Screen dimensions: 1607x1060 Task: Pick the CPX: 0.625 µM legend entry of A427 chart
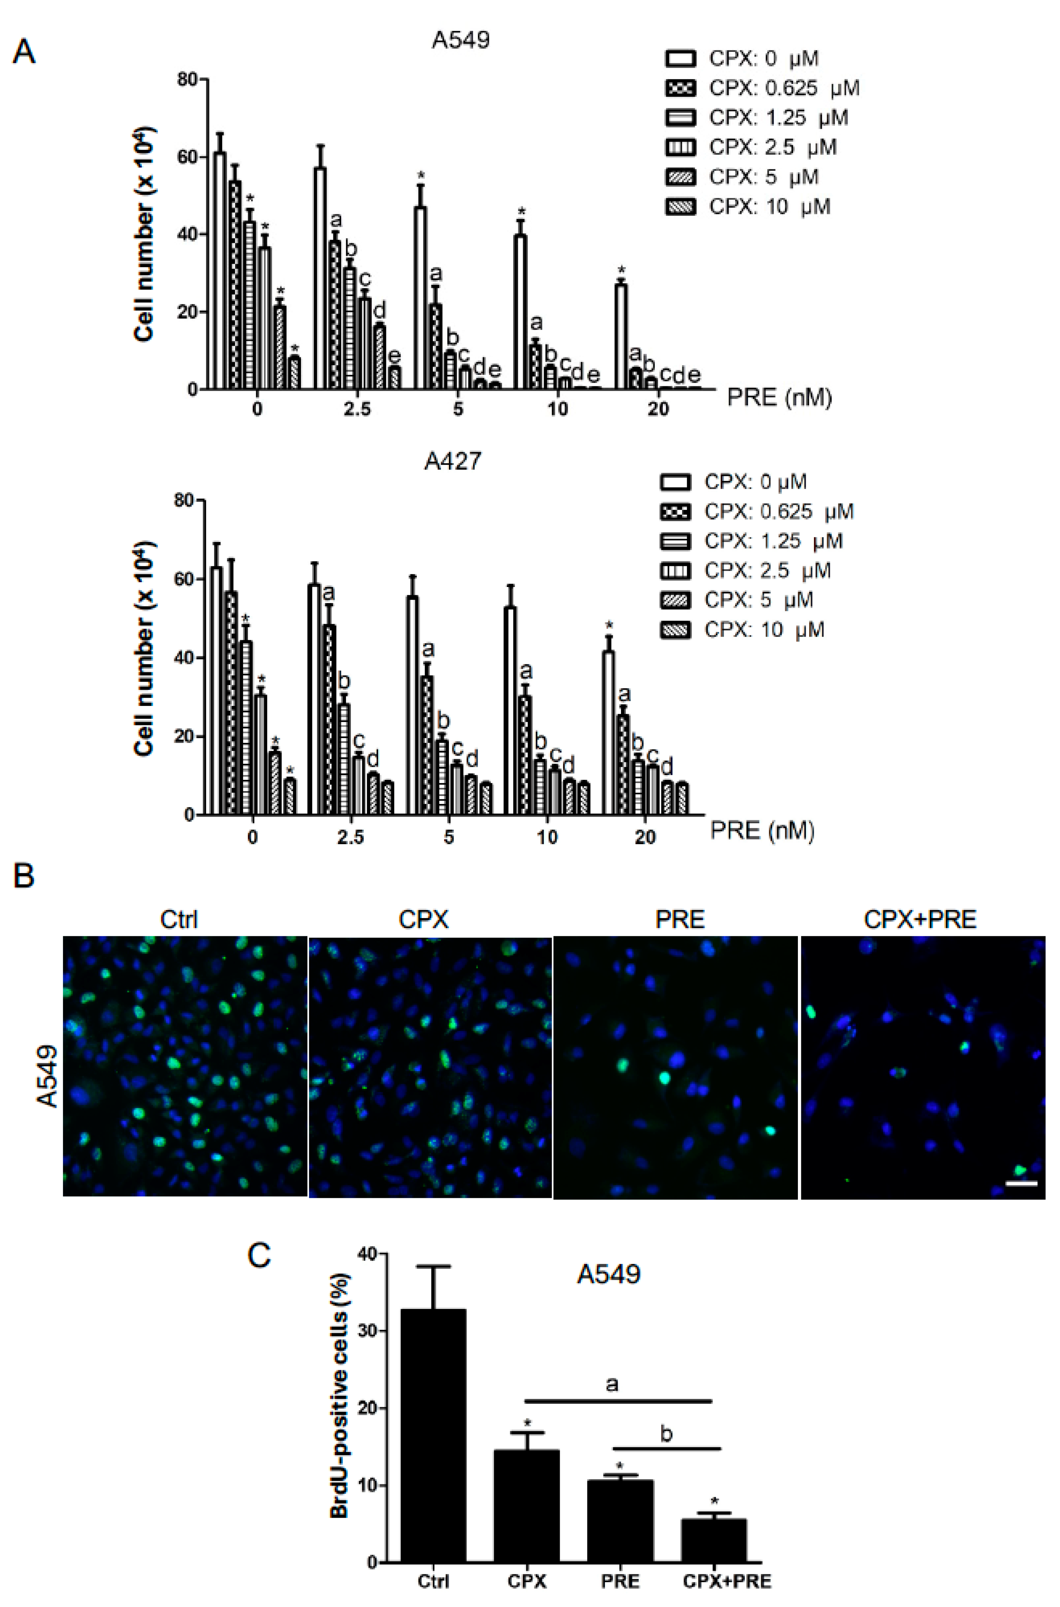point(756,512)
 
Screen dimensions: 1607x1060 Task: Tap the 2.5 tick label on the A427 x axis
point(350,837)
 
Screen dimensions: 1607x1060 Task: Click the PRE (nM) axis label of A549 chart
point(779,397)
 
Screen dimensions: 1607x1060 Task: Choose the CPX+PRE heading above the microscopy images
point(920,919)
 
